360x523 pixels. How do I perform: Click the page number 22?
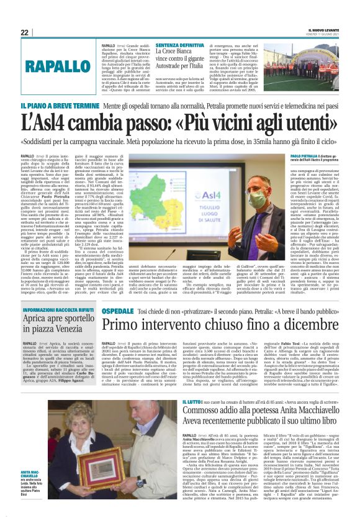25,32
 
